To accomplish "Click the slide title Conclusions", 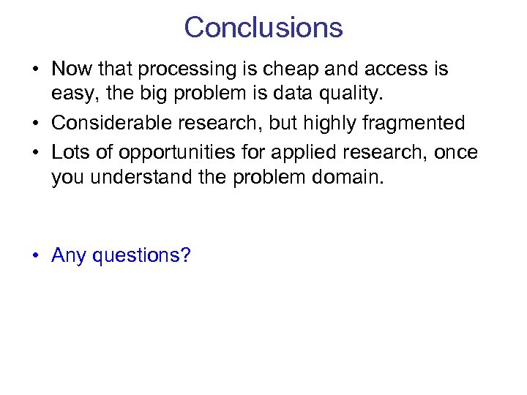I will click(x=263, y=28).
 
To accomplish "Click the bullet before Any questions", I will click(x=35, y=256).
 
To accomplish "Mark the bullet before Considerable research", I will click(x=35, y=123).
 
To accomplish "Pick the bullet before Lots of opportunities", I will click(x=35, y=152).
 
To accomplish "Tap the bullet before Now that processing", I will click(x=35, y=69).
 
